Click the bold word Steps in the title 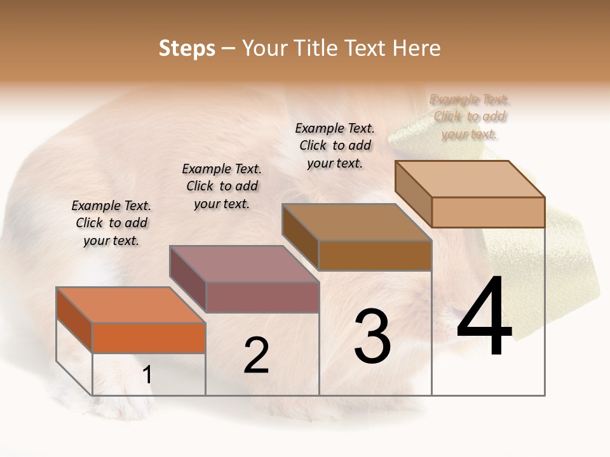[187, 48]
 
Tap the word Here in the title [416, 48]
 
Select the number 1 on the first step [147, 375]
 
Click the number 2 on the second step [256, 355]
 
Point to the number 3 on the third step [372, 336]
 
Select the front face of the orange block [149, 338]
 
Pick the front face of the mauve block [262, 297]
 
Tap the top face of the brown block [356, 222]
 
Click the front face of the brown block [375, 255]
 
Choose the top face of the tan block [470, 178]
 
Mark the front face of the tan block [488, 212]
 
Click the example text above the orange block [111, 223]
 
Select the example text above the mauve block [222, 187]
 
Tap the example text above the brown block [335, 146]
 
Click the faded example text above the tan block [470, 117]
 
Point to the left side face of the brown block [300, 237]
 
